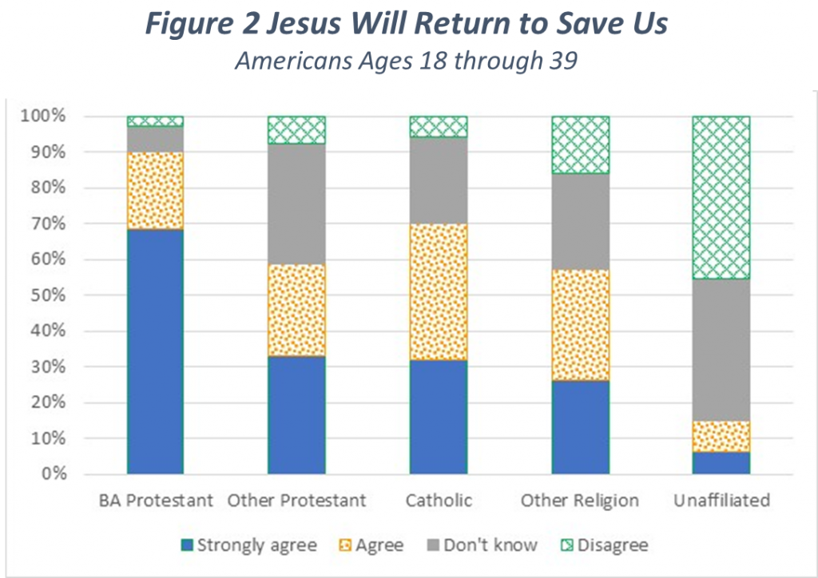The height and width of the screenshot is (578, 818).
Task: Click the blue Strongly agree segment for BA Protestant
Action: click(155, 351)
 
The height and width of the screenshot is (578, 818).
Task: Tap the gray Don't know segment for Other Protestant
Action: click(296, 204)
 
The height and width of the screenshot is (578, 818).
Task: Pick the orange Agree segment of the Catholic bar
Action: click(439, 292)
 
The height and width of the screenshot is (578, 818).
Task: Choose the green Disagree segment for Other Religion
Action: click(580, 144)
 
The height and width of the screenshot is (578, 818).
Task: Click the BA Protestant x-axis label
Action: click(156, 501)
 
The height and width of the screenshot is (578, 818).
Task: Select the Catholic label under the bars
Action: click(439, 501)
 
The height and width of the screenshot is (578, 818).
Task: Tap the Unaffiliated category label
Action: click(721, 501)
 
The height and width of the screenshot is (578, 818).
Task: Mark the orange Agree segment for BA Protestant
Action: click(155, 191)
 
